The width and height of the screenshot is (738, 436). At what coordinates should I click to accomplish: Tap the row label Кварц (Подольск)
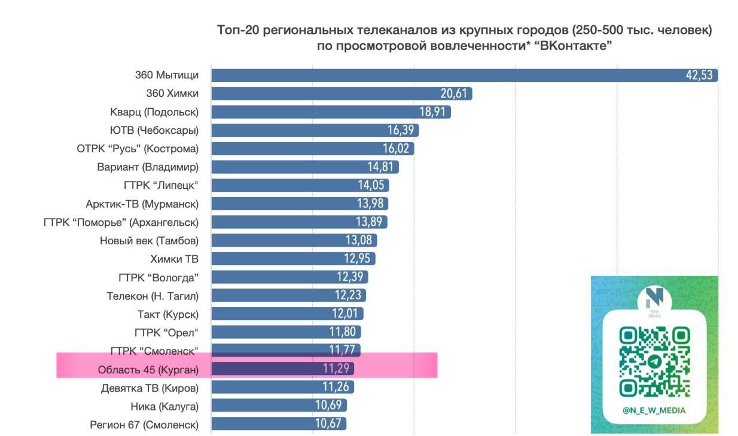[154, 112]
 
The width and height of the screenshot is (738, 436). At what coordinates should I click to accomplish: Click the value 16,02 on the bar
[397, 149]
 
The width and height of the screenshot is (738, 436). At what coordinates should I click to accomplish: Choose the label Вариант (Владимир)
[147, 167]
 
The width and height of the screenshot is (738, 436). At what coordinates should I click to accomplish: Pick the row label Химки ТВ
[174, 259]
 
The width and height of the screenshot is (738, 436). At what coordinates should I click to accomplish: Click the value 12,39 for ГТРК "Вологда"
[351, 277]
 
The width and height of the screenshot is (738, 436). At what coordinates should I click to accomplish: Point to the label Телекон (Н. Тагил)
[152, 296]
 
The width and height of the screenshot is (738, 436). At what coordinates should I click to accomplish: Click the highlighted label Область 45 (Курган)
[148, 370]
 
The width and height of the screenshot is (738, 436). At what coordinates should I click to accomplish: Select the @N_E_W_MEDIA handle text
[654, 410]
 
